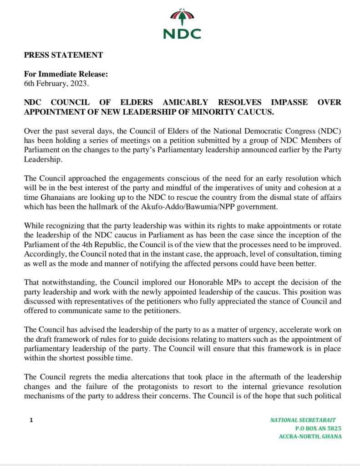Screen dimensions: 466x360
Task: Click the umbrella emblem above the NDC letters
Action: click(x=182, y=17)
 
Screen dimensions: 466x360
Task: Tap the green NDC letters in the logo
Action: click(x=182, y=33)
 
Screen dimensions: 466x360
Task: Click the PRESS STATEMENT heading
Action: click(x=63, y=56)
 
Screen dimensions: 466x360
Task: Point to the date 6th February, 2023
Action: click(x=53, y=83)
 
